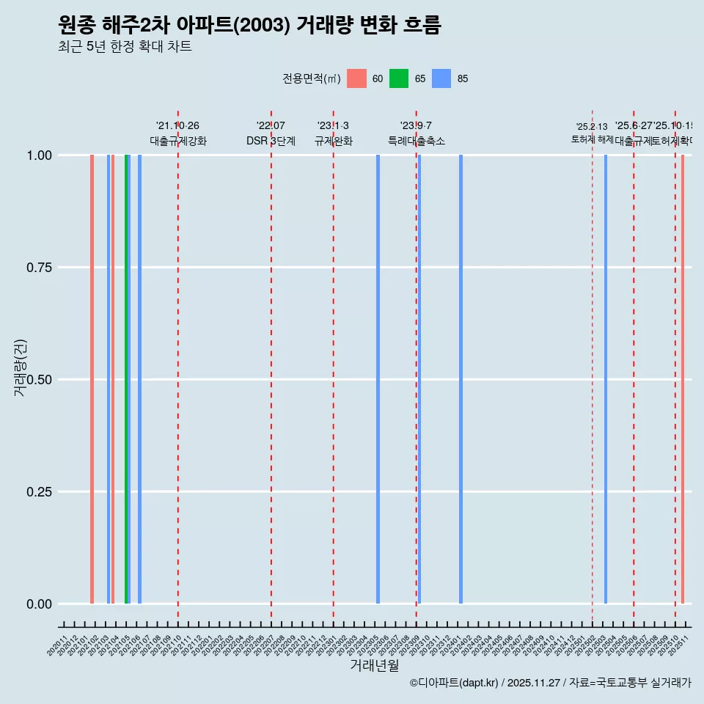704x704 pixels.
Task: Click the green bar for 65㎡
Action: point(126,379)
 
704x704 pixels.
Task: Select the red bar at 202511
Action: point(683,379)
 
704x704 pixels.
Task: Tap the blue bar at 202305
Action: point(378,379)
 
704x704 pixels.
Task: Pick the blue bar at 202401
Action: point(461,379)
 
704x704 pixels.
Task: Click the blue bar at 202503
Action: point(606,379)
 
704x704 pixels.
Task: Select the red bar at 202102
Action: point(92,379)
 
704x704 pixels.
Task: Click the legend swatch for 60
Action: point(356,78)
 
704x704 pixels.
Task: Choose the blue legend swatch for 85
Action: point(441,78)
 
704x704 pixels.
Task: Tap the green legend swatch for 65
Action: point(399,78)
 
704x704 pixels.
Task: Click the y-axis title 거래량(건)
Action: point(20,369)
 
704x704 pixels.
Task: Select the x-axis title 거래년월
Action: point(374,665)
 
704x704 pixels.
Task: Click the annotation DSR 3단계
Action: point(271,141)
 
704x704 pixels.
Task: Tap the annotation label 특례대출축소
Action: point(417,141)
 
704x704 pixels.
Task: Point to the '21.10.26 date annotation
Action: point(177,126)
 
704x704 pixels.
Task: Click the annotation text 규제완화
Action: point(333,141)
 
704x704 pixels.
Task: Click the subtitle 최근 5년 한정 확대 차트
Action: point(125,47)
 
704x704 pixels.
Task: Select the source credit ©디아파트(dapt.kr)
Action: point(455,683)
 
